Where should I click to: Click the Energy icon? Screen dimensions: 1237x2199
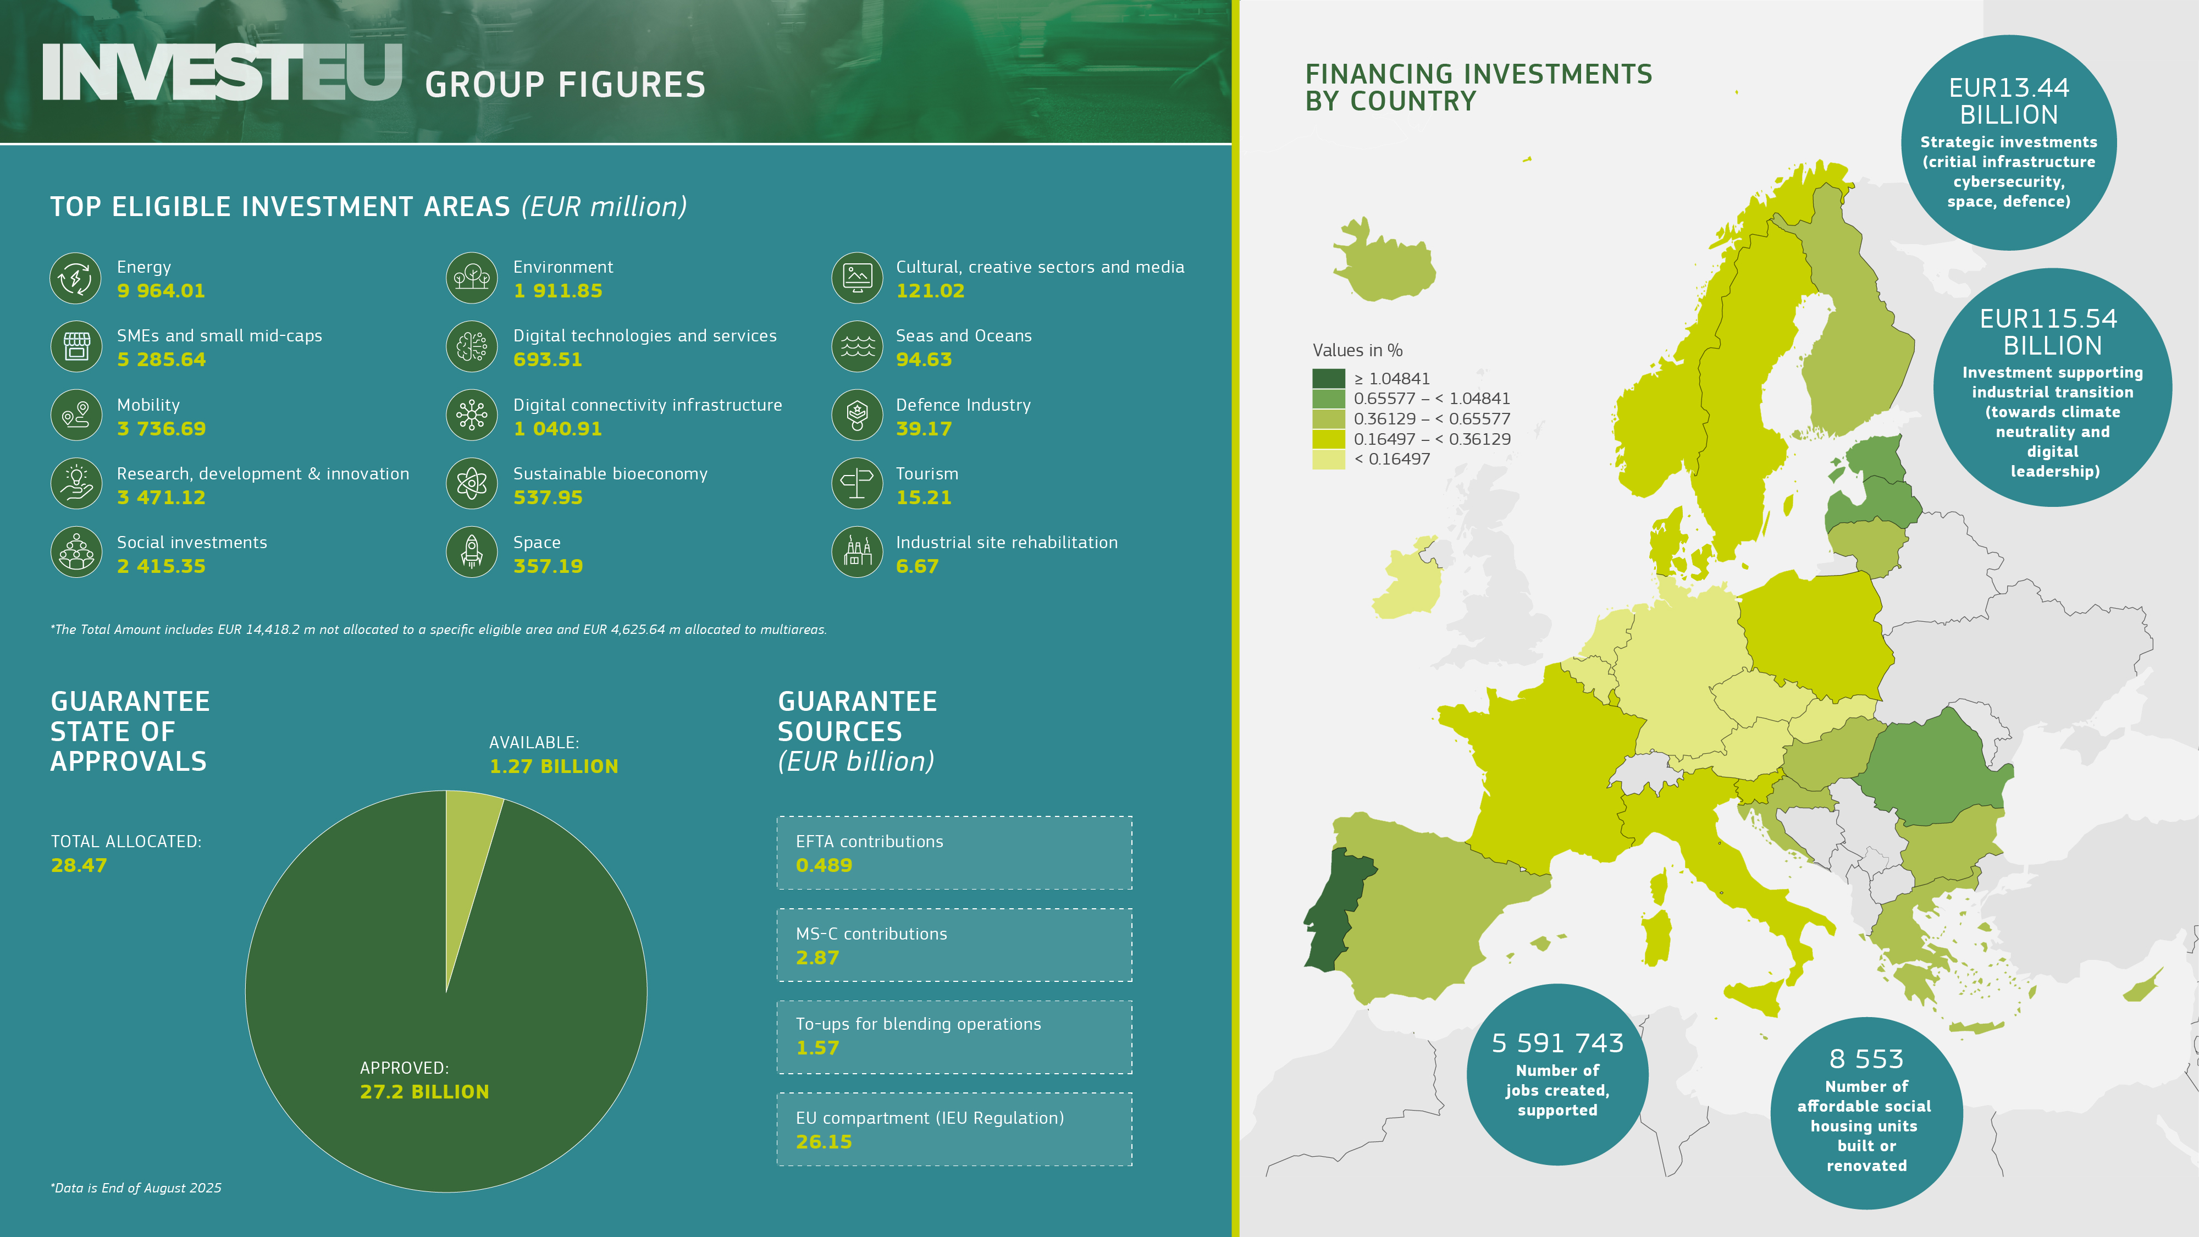click(x=76, y=278)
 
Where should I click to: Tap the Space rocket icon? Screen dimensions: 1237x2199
click(x=471, y=551)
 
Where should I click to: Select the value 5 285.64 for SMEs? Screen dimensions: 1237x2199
click(x=161, y=360)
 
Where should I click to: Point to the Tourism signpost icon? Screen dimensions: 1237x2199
click(x=857, y=483)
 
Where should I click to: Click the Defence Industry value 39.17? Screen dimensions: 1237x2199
click(x=924, y=429)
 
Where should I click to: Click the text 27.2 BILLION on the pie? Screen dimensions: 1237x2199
click(x=424, y=1092)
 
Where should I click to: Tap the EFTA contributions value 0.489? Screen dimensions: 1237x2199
click(x=824, y=865)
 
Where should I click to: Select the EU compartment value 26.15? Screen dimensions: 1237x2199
click(x=824, y=1141)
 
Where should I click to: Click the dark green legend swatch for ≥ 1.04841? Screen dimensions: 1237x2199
click(x=1328, y=378)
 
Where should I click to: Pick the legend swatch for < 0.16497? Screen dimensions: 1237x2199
click(x=1328, y=459)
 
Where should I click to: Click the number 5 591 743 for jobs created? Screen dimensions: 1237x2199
click(x=1557, y=1043)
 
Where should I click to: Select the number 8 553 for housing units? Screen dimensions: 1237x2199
click(x=1866, y=1058)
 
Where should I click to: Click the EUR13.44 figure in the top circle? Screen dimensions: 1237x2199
click(x=2009, y=88)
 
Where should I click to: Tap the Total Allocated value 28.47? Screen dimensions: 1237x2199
click(x=79, y=865)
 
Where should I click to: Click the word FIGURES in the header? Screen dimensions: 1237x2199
click(x=632, y=85)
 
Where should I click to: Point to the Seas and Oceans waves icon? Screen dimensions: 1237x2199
click(x=857, y=346)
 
